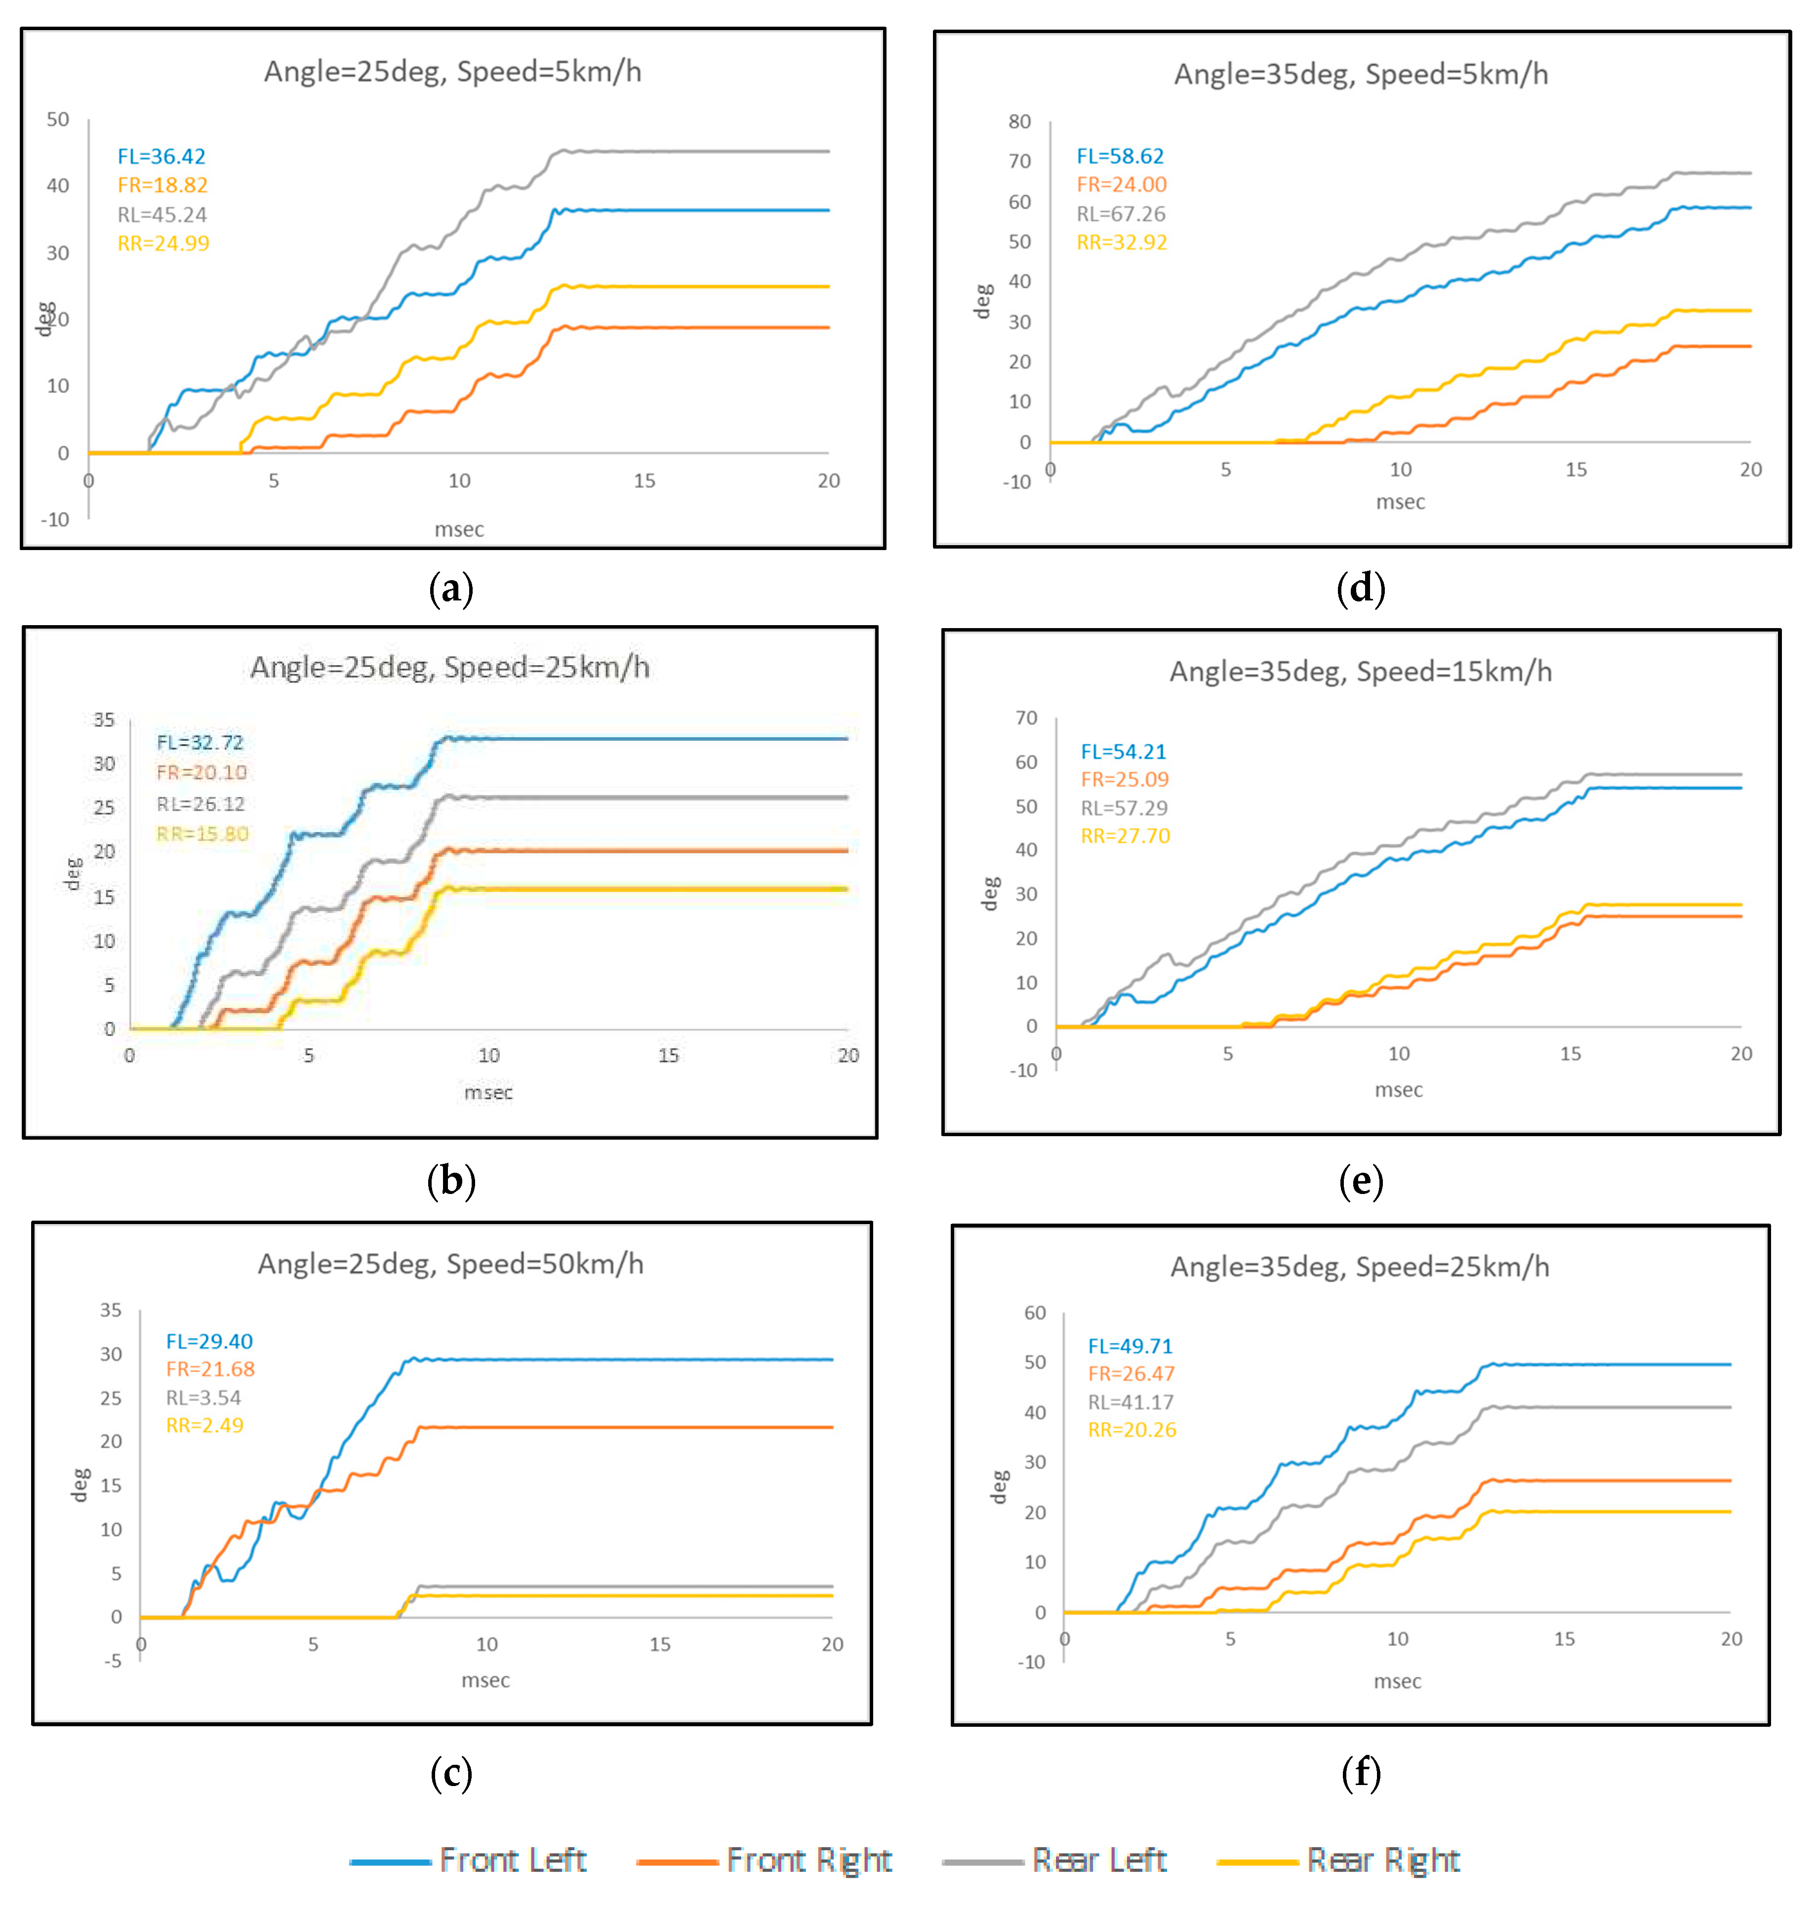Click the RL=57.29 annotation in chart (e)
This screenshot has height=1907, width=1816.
(x=1124, y=807)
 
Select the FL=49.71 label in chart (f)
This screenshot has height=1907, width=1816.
(x=1130, y=1346)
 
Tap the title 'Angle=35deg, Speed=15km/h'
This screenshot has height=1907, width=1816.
(x=1360, y=671)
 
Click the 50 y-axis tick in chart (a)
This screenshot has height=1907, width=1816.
(x=58, y=119)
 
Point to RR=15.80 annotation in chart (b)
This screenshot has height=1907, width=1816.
(x=202, y=834)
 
